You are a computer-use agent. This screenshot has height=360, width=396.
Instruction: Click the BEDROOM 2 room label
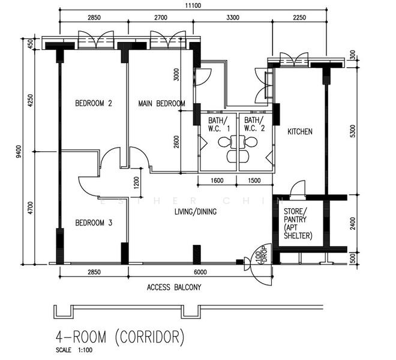tap(94, 103)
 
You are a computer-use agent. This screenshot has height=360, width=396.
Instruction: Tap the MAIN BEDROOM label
tap(161, 103)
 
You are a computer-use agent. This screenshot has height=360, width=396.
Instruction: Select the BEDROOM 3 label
tap(94, 223)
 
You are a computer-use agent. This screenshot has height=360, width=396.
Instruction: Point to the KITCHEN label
tap(300, 131)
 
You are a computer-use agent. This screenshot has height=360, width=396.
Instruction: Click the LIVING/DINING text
tap(196, 211)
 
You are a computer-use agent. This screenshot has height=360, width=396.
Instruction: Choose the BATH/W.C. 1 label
tap(219, 124)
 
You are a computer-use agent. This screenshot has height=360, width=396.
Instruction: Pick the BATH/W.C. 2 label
tap(254, 124)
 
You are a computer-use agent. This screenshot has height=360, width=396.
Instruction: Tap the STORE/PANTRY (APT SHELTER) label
tap(298, 223)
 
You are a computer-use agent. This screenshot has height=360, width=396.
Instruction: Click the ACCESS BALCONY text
tap(174, 287)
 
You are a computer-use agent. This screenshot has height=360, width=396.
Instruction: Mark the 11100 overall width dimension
tap(193, 5)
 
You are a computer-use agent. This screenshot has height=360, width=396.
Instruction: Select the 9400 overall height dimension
tap(19, 152)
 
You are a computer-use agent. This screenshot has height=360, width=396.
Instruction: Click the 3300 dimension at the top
tap(233, 17)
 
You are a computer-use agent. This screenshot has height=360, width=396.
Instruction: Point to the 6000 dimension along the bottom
tap(200, 272)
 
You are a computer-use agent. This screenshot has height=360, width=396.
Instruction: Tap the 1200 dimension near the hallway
tap(136, 182)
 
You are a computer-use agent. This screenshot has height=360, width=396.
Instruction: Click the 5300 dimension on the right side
tap(353, 131)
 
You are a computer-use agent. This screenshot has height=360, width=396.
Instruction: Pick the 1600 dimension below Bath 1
tap(217, 181)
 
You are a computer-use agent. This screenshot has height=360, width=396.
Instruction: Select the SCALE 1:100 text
tap(74, 350)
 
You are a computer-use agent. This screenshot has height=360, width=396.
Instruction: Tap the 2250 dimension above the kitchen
tap(299, 17)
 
